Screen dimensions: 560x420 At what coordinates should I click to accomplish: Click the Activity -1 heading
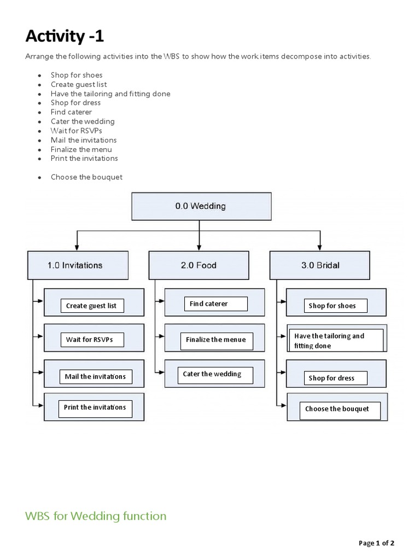click(65, 37)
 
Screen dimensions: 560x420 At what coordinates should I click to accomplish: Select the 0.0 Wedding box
click(200, 206)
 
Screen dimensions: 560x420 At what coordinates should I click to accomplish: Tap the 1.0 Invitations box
click(78, 265)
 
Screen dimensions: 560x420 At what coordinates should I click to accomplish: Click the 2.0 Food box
click(199, 265)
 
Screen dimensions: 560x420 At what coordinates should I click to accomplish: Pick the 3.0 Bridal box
click(320, 265)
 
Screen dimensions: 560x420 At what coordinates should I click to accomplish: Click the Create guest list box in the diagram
click(91, 306)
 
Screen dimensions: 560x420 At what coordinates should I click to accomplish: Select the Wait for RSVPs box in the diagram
click(91, 340)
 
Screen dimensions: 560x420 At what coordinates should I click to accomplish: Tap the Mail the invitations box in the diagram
click(95, 376)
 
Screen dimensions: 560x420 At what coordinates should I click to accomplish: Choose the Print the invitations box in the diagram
click(95, 407)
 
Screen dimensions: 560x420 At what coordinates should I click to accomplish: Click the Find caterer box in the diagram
click(215, 304)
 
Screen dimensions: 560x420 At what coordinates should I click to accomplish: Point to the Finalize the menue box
click(216, 340)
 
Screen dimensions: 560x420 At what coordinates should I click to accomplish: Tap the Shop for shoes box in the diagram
click(335, 306)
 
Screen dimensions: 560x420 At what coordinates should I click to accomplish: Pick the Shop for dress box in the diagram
click(335, 378)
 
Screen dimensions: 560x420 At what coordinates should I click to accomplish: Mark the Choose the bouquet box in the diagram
click(340, 409)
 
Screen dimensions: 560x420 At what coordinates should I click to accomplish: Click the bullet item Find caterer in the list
click(71, 112)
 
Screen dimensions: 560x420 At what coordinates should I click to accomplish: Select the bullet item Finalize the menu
click(81, 149)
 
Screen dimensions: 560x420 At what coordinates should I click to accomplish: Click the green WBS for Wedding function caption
click(96, 516)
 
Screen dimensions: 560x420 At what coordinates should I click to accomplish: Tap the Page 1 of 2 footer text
click(376, 543)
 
